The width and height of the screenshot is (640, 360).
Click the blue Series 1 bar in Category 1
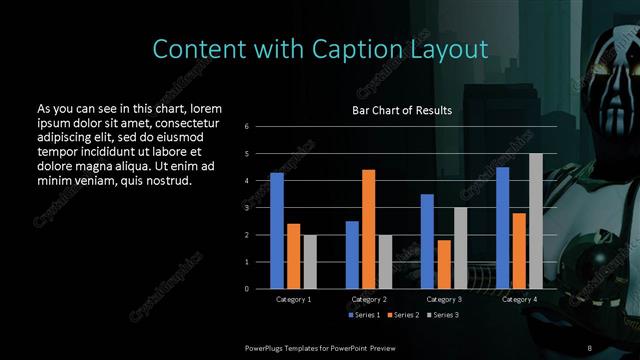[x=277, y=231]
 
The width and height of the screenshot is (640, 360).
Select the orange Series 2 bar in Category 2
[x=368, y=229]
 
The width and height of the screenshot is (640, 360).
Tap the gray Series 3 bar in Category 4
[x=536, y=221]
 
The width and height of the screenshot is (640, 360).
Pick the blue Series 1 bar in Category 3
[x=427, y=241]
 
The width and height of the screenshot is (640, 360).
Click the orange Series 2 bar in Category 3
[x=443, y=264]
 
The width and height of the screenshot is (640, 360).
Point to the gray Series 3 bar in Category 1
[x=309, y=262]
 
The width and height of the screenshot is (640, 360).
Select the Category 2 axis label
[x=368, y=299]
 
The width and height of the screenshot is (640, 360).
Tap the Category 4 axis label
[x=519, y=299]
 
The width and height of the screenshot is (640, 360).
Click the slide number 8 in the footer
[x=589, y=346]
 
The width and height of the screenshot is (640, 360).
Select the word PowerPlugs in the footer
[x=267, y=346]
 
